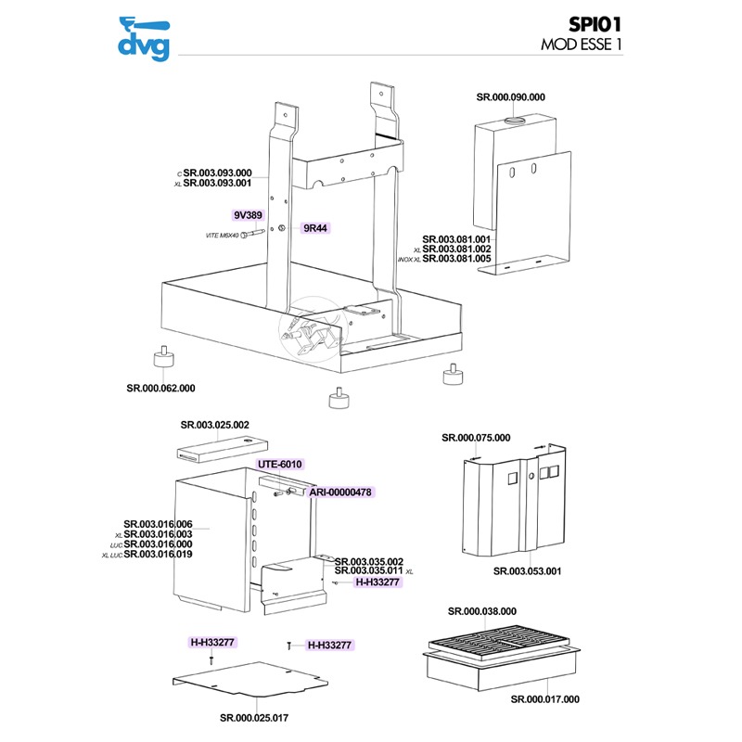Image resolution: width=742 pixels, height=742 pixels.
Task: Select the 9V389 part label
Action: (248, 214)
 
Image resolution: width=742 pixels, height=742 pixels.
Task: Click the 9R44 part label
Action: (316, 227)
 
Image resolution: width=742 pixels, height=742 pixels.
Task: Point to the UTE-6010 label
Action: (280, 464)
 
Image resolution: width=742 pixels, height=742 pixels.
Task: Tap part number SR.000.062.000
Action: (160, 388)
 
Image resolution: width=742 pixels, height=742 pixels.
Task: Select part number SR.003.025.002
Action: (214, 424)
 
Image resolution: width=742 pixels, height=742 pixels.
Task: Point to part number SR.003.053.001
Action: (527, 571)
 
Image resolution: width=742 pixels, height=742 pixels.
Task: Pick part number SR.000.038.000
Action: (481, 611)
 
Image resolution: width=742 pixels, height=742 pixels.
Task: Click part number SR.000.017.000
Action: (544, 699)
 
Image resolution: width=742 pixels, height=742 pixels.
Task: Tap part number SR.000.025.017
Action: (253, 717)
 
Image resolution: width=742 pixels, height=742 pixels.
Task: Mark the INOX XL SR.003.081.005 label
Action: (457, 259)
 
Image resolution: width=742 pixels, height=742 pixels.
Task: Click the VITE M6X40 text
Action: (223, 237)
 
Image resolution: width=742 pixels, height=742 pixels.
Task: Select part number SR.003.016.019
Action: (158, 555)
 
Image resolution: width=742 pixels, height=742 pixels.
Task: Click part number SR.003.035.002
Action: (368, 561)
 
